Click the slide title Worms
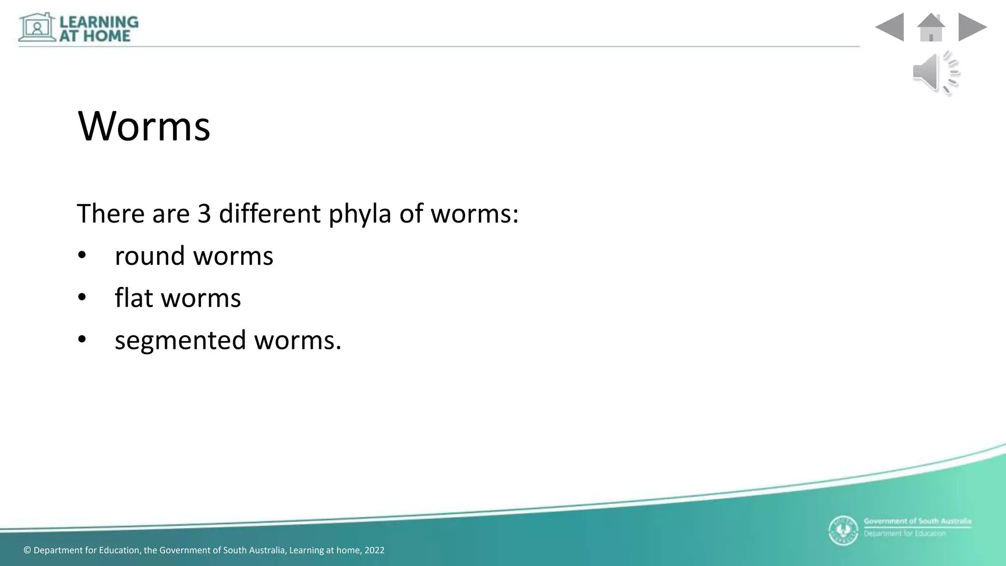coord(144,126)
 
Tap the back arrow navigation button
coord(890,27)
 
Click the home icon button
coord(931,28)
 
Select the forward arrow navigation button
coord(972,27)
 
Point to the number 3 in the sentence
coord(204,214)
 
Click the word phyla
coord(360,215)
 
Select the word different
coord(270,214)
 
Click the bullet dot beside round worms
coord(82,255)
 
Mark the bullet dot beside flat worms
coord(82,297)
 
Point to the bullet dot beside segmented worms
coord(82,340)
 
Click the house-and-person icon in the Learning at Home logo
coord(37,28)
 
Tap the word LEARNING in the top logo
coord(99,22)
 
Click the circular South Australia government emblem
coord(843,531)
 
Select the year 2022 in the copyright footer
coord(374,550)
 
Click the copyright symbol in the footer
coord(27,550)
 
